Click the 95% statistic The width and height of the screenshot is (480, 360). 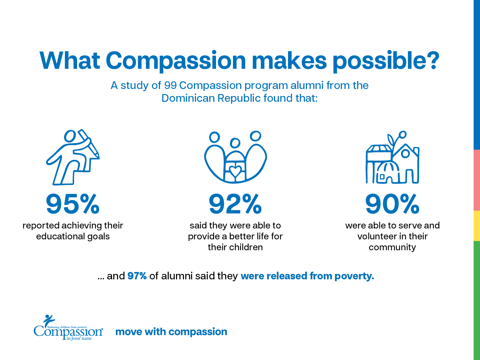[x=73, y=204]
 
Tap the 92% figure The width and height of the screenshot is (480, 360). [x=235, y=204]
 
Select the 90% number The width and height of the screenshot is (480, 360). [x=392, y=204]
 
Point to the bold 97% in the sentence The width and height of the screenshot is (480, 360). [x=137, y=276]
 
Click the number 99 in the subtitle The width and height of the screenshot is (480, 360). [x=170, y=85]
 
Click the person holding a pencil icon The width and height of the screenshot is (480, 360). [x=73, y=157]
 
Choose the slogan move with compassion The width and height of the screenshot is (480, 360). [x=171, y=332]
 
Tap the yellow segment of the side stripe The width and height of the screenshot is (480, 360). [x=476, y=226]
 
